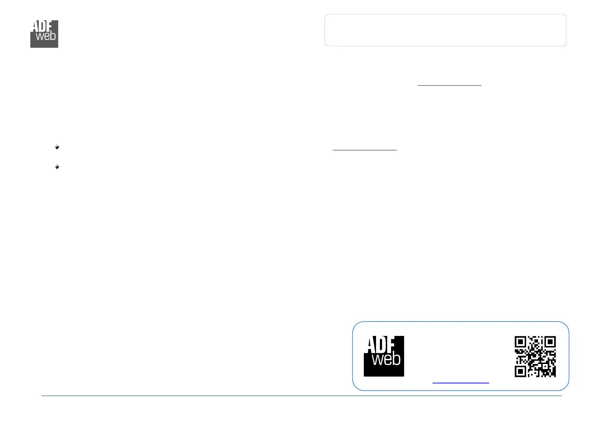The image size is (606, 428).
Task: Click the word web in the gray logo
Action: [x=46, y=36]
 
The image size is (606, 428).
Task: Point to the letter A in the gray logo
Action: [x=35, y=26]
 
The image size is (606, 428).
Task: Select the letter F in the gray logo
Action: [x=50, y=26]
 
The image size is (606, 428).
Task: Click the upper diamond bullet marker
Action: [x=57, y=147]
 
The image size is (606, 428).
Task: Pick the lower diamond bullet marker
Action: [x=57, y=167]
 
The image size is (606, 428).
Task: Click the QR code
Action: [x=535, y=356]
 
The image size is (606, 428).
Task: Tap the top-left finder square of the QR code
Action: [x=520, y=342]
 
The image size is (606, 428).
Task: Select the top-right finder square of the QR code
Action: [x=550, y=342]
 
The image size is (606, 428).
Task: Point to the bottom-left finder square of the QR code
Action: [x=520, y=371]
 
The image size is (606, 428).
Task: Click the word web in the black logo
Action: [x=386, y=359]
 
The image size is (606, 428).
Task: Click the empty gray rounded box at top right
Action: [x=445, y=30]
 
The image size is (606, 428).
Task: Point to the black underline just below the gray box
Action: [x=449, y=85]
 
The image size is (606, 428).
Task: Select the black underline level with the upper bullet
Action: [x=365, y=150]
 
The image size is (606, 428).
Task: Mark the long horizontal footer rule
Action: [x=302, y=396]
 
